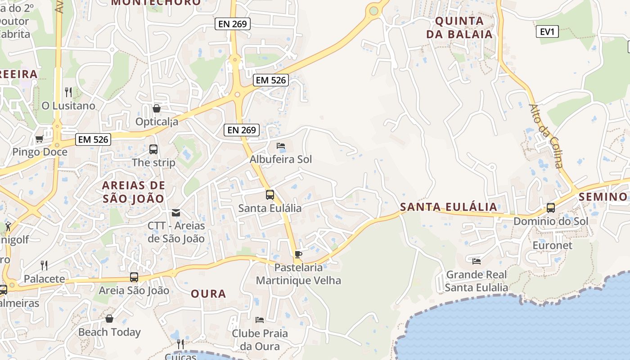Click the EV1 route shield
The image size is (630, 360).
point(547,31)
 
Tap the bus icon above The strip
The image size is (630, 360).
point(153,149)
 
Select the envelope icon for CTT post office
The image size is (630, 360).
point(176,213)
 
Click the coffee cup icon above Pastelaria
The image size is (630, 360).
point(297,255)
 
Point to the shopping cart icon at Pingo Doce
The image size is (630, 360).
point(39,139)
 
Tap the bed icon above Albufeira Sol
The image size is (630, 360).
point(281,146)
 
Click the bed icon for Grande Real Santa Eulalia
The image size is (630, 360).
point(477,261)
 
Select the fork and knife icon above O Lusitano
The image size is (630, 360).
point(68,92)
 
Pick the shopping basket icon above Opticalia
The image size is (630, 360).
point(157,108)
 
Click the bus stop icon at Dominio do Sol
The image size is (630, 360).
point(550,208)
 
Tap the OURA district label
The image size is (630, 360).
point(208,294)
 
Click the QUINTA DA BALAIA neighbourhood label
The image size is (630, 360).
point(459,27)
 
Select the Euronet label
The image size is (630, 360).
point(552,245)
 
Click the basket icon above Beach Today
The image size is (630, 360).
point(109,319)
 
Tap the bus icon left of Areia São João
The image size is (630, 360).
point(134,277)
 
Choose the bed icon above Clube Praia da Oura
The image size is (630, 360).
point(260,320)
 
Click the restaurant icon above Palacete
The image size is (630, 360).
point(44,265)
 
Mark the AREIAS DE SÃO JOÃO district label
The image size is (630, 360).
point(133,192)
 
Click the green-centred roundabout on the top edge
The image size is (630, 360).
point(373,10)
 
